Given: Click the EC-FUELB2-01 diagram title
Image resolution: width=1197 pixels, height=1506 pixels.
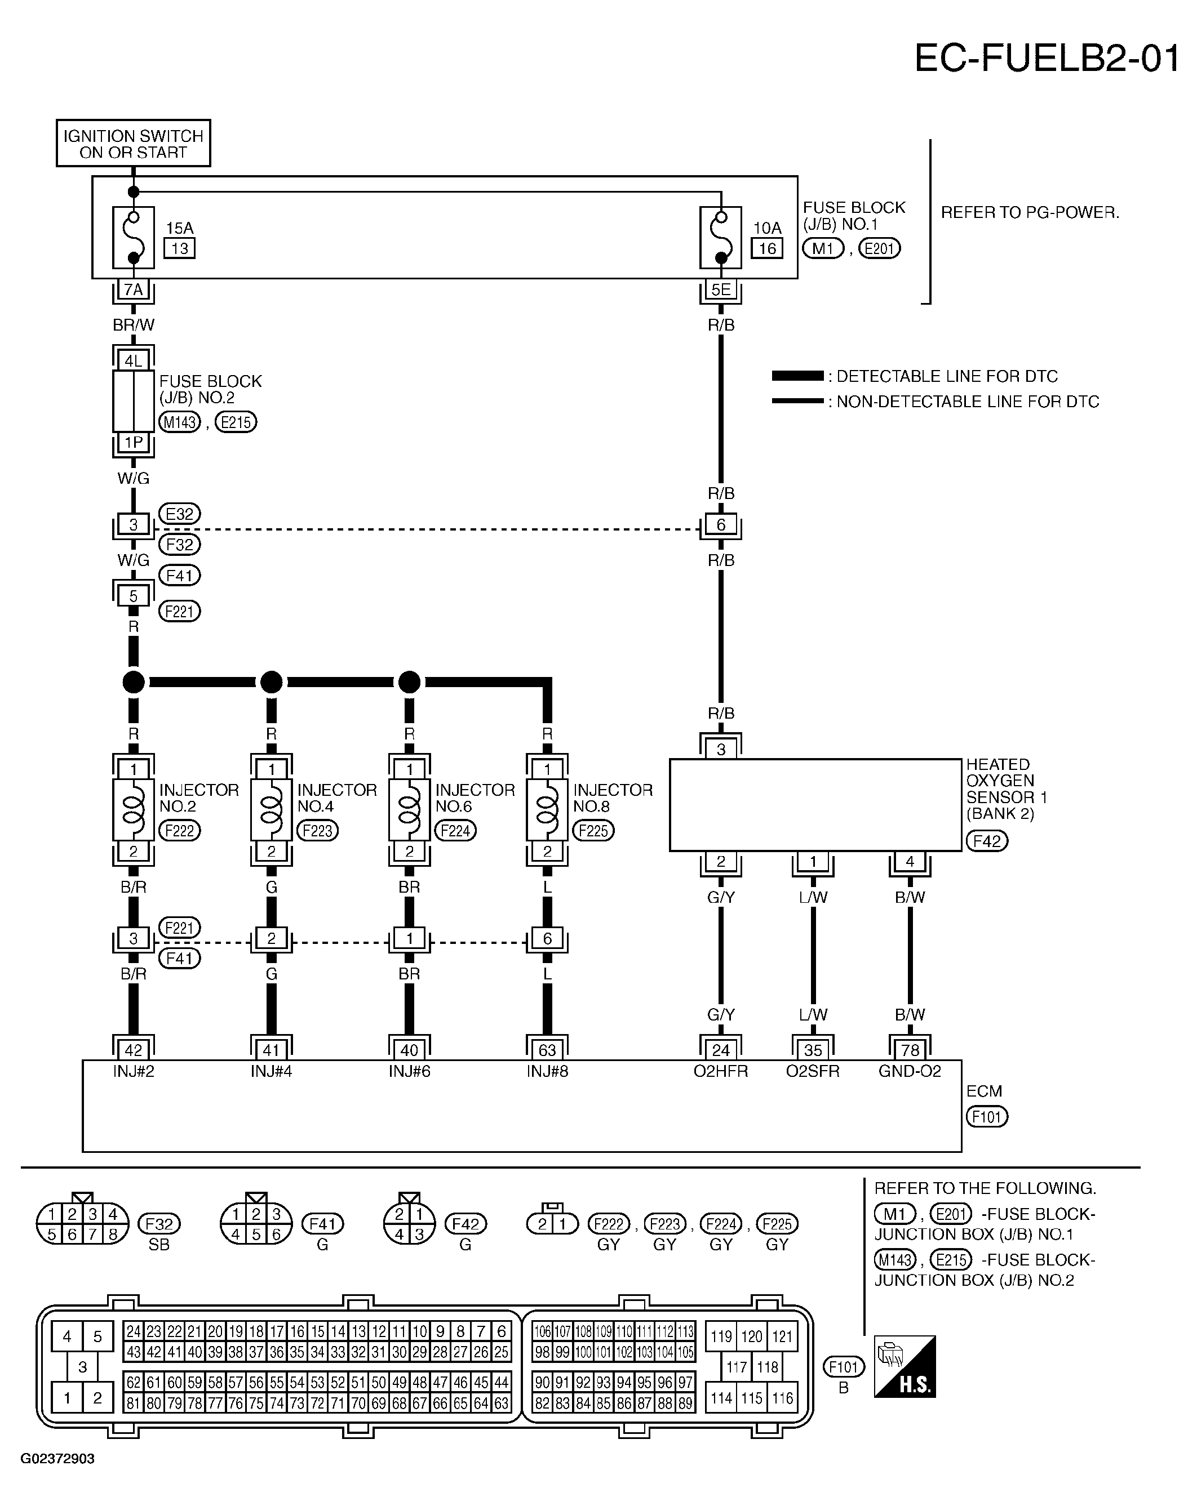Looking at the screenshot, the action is [1047, 58].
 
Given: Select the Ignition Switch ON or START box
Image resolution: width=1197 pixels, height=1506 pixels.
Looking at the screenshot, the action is [134, 143].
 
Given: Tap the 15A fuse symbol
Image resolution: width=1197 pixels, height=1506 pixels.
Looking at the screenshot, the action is [134, 238].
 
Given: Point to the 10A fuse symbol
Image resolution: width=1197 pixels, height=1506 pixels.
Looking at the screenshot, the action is [720, 238].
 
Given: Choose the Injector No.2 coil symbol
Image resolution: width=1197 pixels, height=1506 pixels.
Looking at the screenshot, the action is [134, 810].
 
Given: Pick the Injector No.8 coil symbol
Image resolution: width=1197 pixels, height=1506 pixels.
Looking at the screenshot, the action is [547, 810].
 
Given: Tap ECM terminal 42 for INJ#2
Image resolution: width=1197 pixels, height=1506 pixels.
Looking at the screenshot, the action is [134, 1050].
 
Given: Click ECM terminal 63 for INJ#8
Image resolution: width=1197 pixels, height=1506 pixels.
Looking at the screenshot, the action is [547, 1050].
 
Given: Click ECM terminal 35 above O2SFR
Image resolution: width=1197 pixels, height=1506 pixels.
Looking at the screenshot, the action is [813, 1050].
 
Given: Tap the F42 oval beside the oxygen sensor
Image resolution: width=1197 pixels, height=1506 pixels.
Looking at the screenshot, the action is [987, 841].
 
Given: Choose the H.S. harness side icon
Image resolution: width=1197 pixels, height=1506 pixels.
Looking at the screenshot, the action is [905, 1367].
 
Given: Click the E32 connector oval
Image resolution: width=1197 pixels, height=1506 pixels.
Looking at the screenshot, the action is [180, 514].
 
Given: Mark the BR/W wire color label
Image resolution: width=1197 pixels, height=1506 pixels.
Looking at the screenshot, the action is [134, 325].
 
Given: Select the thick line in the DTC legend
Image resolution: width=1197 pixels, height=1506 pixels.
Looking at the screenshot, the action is [797, 376].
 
